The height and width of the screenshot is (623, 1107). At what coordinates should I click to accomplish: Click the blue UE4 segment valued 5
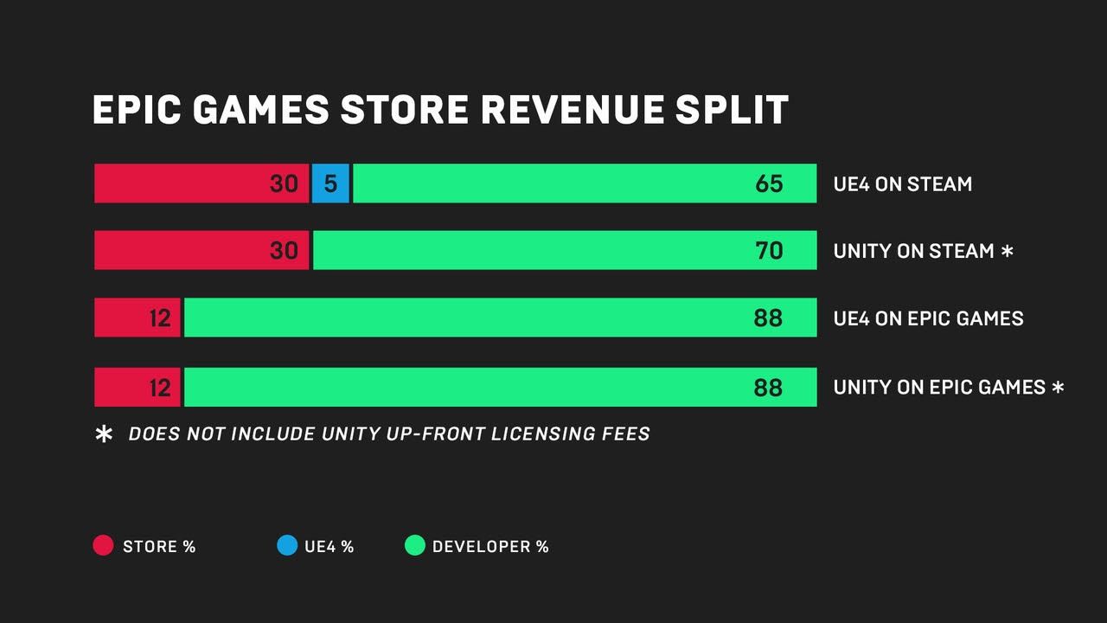330,183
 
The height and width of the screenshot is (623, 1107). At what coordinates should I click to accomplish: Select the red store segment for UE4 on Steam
201,183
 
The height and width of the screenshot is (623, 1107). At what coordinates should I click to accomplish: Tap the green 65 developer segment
584,183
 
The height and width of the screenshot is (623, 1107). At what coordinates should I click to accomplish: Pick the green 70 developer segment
564,250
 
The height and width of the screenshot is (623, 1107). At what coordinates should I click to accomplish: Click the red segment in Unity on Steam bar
201,250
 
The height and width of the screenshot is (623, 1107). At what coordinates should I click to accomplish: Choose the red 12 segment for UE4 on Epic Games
138,318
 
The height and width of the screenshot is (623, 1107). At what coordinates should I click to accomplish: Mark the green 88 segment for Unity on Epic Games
500,387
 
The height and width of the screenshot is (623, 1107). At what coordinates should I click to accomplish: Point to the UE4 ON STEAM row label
902,184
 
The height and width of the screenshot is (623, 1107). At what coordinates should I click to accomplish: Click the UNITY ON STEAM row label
913,251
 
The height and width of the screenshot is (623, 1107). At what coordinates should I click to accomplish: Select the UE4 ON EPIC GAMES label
928,318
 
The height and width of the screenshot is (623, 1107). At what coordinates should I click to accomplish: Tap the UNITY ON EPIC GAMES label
939,388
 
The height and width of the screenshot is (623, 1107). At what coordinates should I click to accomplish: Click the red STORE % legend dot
103,546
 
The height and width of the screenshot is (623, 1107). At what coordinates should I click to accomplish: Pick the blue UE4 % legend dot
287,546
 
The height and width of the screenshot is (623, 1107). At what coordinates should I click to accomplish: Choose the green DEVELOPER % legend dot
415,546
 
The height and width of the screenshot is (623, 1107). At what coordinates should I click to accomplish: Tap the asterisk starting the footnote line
104,434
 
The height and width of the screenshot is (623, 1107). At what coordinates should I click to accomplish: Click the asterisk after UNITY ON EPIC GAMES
1058,387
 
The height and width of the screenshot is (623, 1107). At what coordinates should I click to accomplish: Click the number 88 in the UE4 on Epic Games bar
767,318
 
